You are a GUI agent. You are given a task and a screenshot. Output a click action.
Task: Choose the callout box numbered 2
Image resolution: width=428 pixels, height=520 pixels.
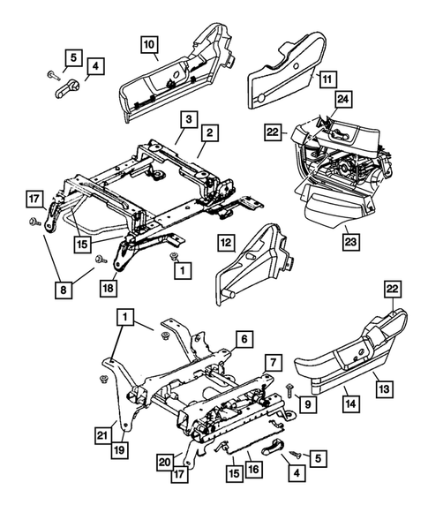point(211,132)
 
